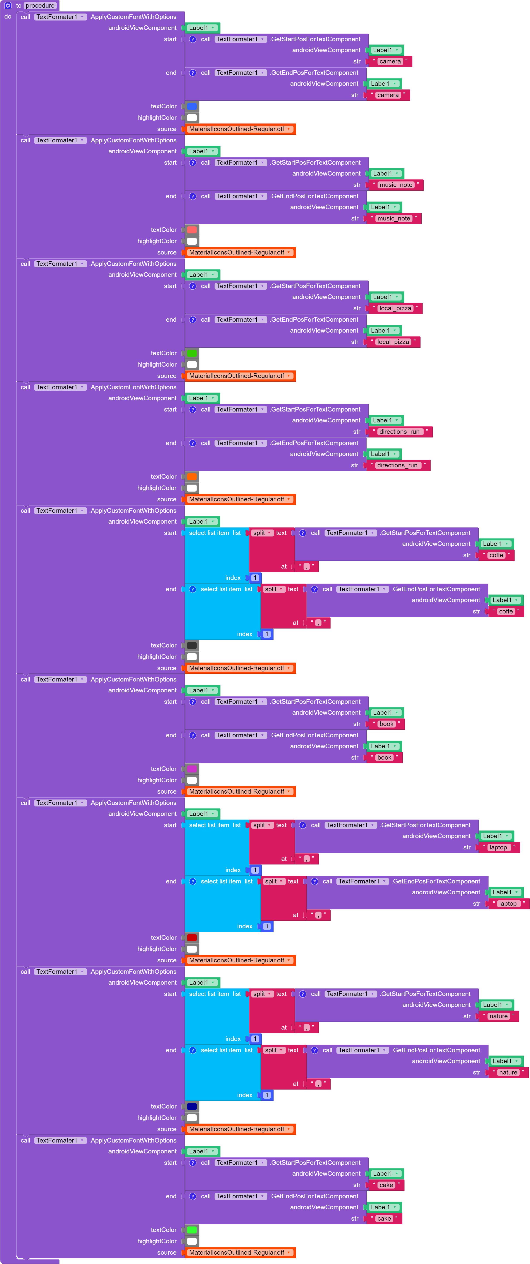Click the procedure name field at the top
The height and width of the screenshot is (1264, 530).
click(40, 5)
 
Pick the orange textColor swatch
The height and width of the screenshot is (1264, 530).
click(192, 477)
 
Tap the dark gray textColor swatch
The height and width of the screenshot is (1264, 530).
click(192, 645)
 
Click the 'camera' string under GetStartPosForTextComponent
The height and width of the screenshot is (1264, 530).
click(390, 61)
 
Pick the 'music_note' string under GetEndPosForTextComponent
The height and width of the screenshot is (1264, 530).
click(393, 218)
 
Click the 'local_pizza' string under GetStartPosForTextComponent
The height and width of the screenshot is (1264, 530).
click(395, 308)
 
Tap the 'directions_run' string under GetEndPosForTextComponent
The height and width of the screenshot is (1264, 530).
click(397, 465)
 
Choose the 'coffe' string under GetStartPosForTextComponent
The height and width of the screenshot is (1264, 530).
click(496, 555)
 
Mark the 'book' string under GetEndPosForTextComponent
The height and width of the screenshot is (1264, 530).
click(384, 758)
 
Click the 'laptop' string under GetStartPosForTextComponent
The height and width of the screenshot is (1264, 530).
click(498, 847)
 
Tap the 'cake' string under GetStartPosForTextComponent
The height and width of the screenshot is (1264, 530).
click(386, 1185)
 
